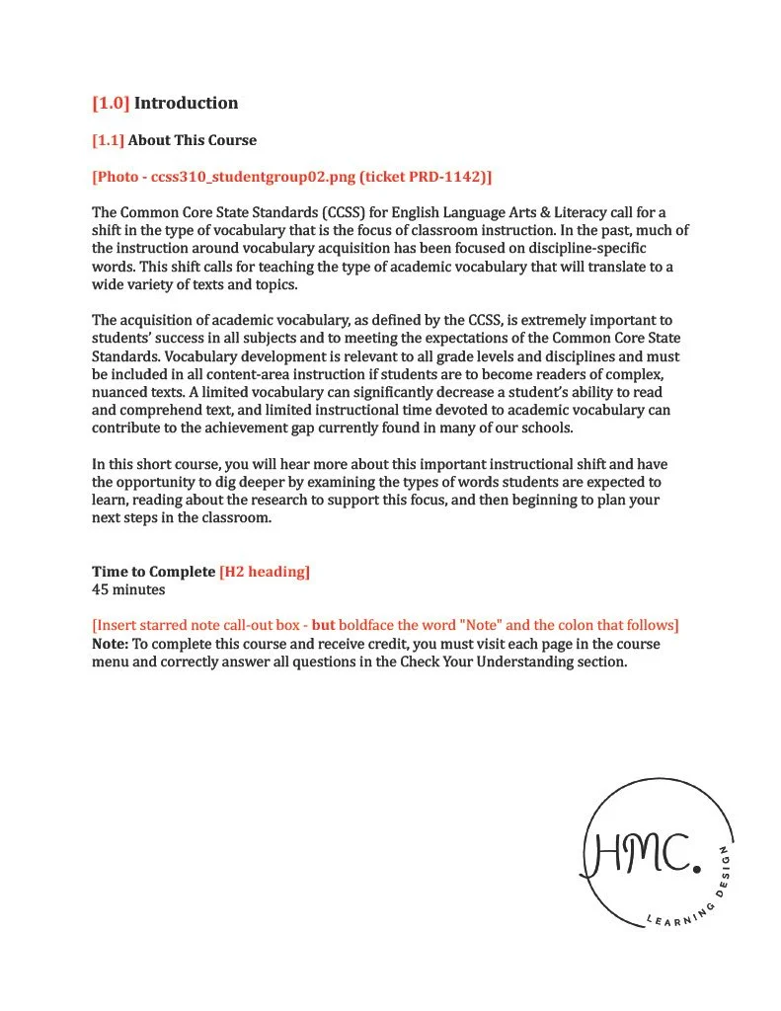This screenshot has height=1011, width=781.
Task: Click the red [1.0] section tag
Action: [111, 103]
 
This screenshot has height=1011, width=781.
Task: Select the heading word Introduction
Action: [186, 103]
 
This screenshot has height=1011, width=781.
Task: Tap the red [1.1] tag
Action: [108, 140]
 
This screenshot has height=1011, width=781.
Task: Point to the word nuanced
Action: [119, 392]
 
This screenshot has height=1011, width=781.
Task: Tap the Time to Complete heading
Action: [153, 572]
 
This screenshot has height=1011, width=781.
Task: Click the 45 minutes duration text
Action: [128, 589]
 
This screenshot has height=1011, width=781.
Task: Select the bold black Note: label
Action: [111, 644]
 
